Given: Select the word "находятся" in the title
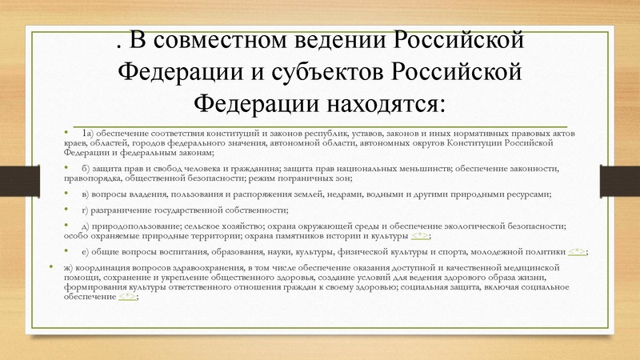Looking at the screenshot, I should click(382, 104).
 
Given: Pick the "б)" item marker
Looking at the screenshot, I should click(86, 167).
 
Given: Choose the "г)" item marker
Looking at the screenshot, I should click(86, 210).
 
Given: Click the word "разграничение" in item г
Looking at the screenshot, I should click(124, 210).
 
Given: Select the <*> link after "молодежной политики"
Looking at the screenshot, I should click(575, 251).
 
